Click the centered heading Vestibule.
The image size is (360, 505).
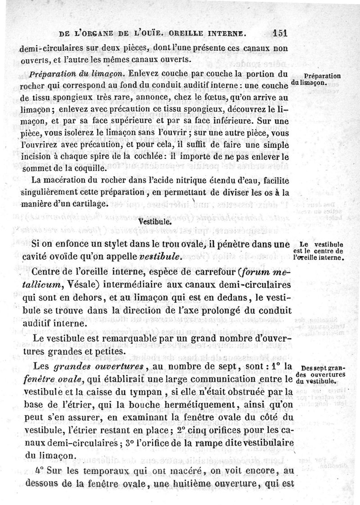point(154,222)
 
